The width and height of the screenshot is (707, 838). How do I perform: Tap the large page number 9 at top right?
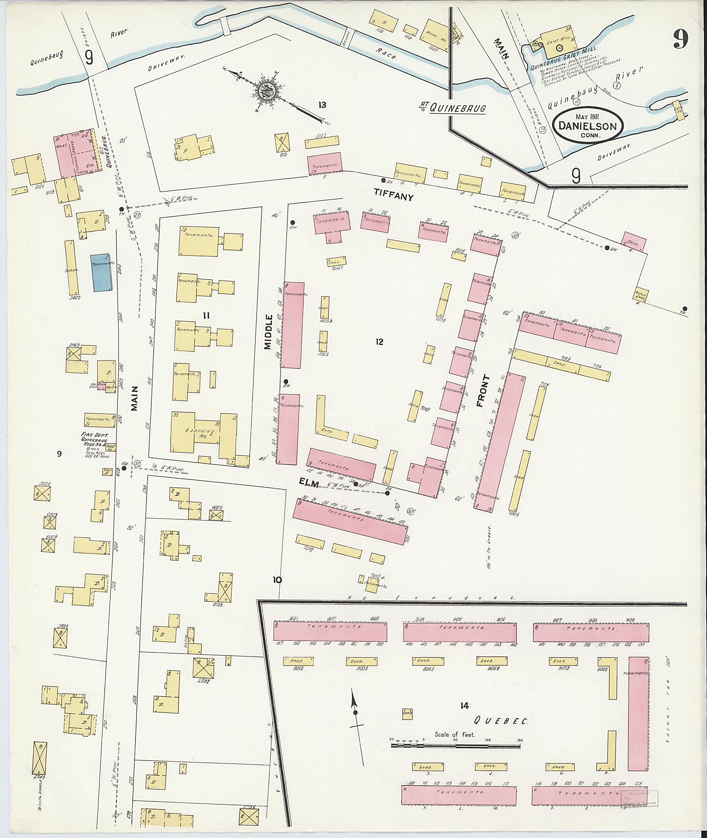pyautogui.click(x=680, y=39)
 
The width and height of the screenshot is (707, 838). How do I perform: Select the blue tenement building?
pyautogui.click(x=101, y=273)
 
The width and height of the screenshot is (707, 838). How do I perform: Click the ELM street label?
pyautogui.click(x=309, y=484)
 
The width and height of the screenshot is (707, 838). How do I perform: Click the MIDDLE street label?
pyautogui.click(x=268, y=332)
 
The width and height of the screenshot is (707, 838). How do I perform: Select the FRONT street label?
pyautogui.click(x=483, y=391)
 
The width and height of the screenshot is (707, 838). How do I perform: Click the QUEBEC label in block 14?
pyautogui.click(x=501, y=721)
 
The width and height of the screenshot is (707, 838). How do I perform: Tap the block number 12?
pyautogui.click(x=379, y=342)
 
